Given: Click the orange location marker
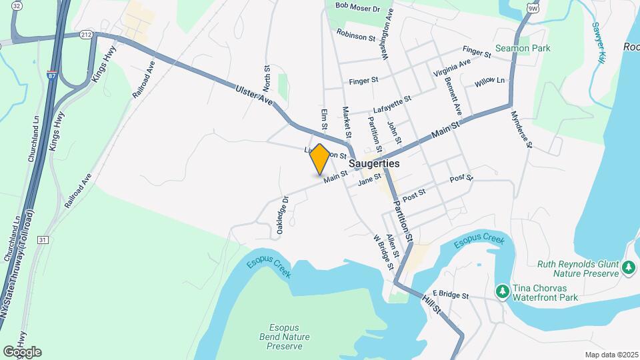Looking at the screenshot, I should coord(320,159).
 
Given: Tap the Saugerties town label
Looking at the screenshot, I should coord(374,163).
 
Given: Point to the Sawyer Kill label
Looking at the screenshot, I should coord(597,44).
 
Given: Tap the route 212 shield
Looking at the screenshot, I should coord(85,33).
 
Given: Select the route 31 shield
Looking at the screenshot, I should coord(43,239).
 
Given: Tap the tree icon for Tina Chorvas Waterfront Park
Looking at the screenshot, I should coord(502,291).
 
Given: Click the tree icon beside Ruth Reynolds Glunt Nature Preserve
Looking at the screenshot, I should coord(628,268).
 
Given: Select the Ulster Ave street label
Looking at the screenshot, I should coord(254,95).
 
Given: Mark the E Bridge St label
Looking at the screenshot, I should coord(451,294).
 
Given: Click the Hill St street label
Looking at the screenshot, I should coord(431,303).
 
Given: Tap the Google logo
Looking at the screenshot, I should coord(22,352).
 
